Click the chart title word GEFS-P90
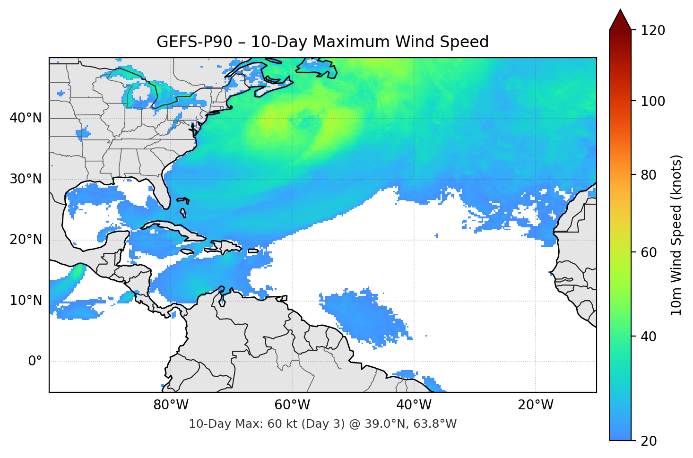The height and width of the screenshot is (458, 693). coord(194,42)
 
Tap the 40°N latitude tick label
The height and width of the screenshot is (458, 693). coord(26,118)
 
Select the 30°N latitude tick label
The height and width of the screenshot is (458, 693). coord(26,179)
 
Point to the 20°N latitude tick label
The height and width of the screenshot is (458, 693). coord(26,240)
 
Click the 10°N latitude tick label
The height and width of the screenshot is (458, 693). coord(26,301)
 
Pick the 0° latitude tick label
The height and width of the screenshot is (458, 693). coord(35,362)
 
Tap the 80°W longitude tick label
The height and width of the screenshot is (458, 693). coord(171,405)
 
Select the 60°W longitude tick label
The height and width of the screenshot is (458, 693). coord(293,405)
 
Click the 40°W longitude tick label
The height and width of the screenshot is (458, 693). coord(414,405)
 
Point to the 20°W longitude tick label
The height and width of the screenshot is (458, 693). coord(536,405)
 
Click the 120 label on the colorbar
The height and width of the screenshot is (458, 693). coord(652,30)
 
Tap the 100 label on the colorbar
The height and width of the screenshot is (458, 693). coord(652,101)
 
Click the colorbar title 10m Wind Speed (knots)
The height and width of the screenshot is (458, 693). coord(676,235)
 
